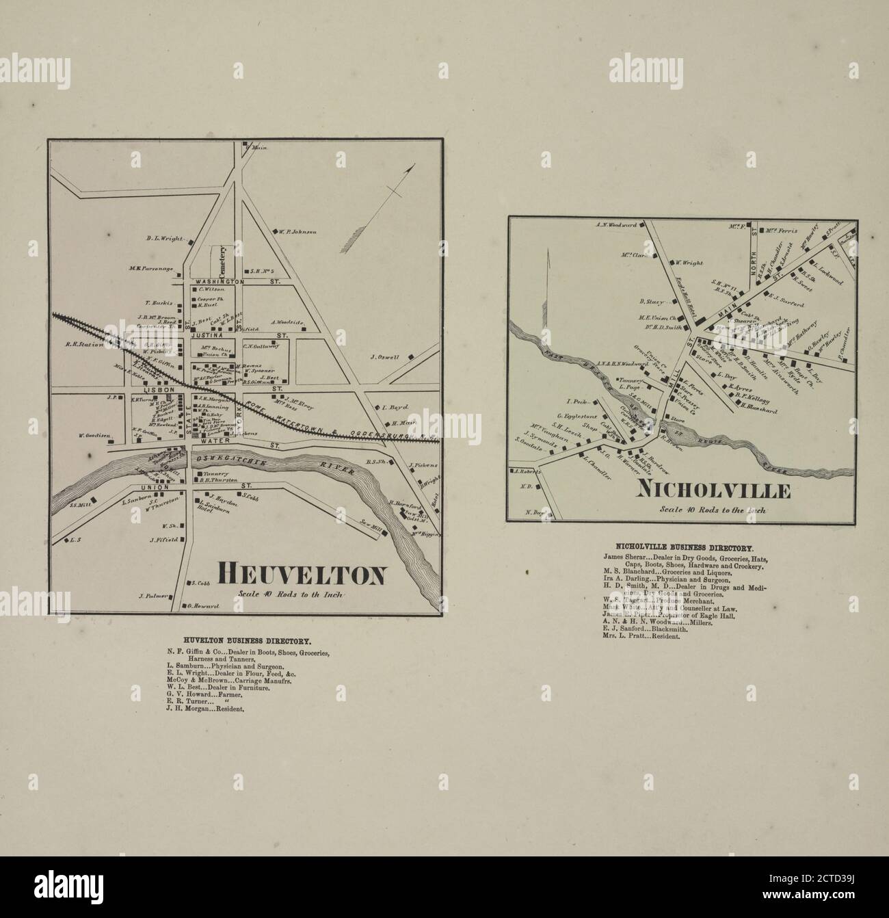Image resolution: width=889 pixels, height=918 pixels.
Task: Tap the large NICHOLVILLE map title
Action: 714,490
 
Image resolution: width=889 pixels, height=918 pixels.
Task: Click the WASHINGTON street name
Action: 219,281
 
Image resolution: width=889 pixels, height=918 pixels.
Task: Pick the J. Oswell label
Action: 385,356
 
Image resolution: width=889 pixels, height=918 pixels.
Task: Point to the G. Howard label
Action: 203,606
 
